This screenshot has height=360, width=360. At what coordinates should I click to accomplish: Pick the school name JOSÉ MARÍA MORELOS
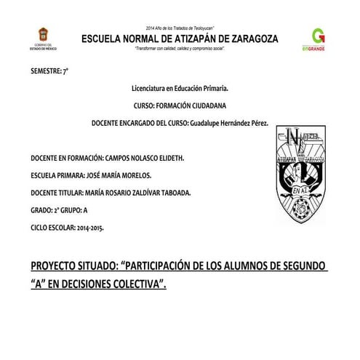tap(118, 175)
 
